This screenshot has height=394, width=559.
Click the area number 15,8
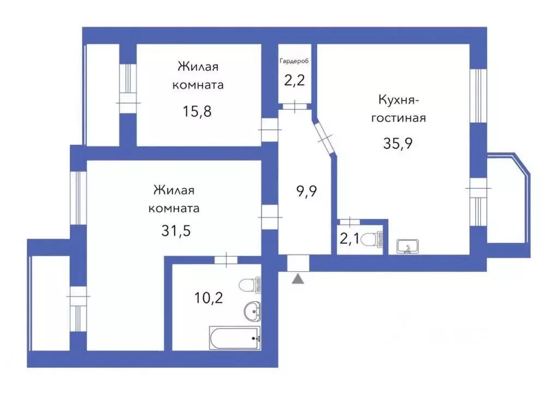pyautogui.click(x=197, y=111)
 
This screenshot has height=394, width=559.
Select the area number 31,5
pyautogui.click(x=176, y=230)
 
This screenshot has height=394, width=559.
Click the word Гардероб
pyautogui.click(x=294, y=61)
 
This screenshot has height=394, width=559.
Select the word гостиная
pyautogui.click(x=398, y=118)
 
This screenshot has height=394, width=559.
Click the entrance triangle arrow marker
pyautogui.click(x=298, y=279)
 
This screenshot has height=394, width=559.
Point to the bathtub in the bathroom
pyautogui.click(x=235, y=338)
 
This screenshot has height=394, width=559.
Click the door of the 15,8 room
pyautogui.click(x=269, y=130)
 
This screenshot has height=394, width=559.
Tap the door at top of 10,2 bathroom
pyautogui.click(x=225, y=260)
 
